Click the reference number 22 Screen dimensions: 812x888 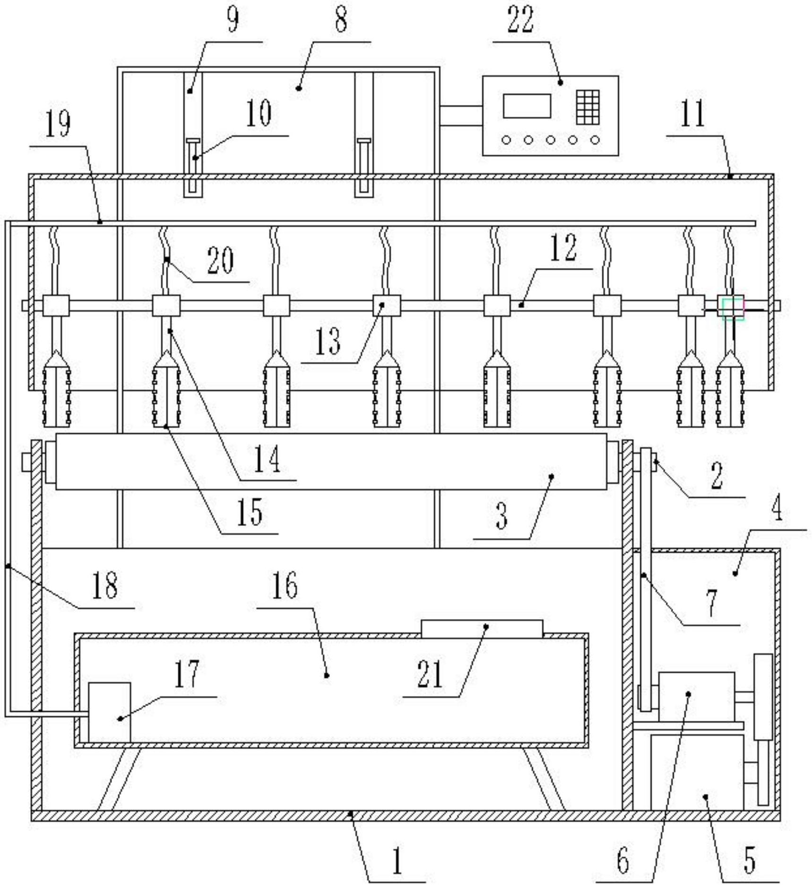coord(520,20)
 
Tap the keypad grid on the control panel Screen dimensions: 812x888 coord(588,107)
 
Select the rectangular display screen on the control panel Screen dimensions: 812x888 coord(527,106)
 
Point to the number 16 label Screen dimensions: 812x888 coord(285,585)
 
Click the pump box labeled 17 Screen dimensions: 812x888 coord(110,712)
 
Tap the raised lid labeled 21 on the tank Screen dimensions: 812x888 coord(482,629)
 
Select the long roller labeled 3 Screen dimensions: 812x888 coord(331,461)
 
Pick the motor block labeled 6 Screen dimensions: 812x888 coord(697,697)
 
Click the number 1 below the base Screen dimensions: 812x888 coord(397,860)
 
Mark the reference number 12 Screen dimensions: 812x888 coord(563,248)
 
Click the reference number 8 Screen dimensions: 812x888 coord(341,20)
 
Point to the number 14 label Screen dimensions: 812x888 coord(267,458)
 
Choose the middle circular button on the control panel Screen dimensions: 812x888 coord(551,140)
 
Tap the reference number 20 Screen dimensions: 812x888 coord(220,260)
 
